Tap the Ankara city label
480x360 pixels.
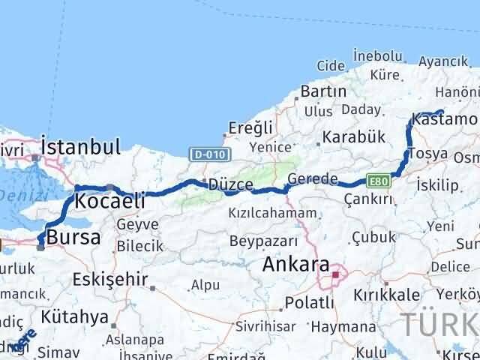click(295, 265)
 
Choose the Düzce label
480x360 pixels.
click(230, 184)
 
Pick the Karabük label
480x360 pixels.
click(350, 138)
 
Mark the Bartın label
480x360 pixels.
click(323, 91)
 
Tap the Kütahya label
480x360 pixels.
click(76, 316)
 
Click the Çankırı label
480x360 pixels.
click(367, 199)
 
